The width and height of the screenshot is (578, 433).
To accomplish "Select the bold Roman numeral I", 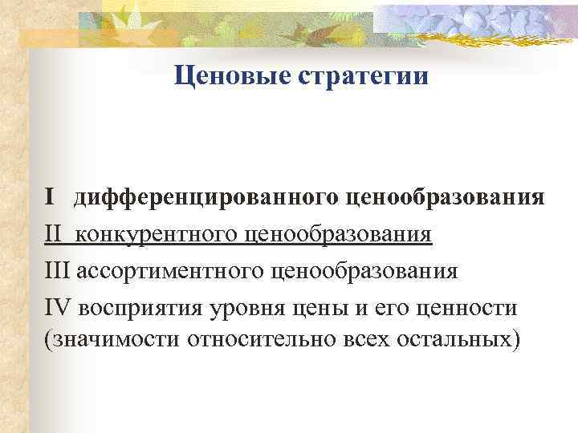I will coord(50,197).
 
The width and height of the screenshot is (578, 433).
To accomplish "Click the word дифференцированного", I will coord(209,197).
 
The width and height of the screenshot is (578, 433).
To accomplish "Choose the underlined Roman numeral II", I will coord(54,234).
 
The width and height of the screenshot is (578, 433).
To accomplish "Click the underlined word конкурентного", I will coord(159,234).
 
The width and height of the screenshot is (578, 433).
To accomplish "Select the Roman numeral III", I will coord(59,270).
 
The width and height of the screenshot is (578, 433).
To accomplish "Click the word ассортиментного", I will coord(169,270).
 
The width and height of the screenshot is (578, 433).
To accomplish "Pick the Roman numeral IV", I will coord(58,306).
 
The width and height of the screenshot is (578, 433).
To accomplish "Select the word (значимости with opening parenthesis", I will coord(113,342).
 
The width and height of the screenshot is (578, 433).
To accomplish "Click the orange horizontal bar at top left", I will coord(56,36).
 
